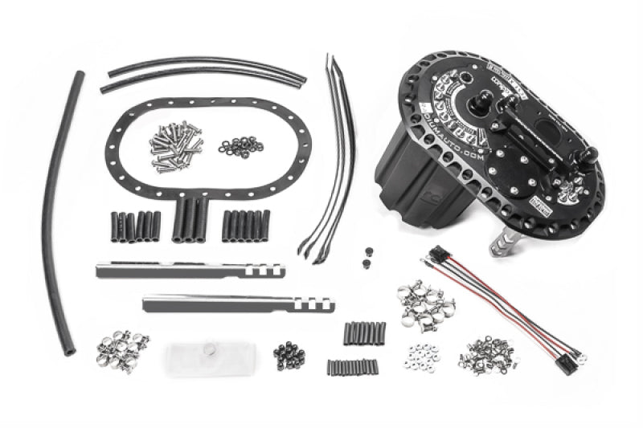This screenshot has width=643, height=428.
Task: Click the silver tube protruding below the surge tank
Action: click(503, 241)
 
